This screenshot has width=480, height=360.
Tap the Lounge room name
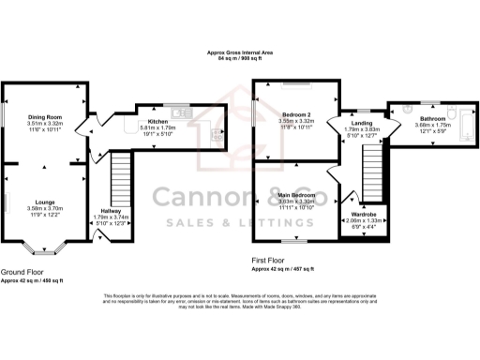[44, 202]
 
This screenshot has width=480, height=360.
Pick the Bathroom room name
[432, 119]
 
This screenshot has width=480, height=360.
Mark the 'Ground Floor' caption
[22, 273]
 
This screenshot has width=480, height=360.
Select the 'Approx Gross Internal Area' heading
[239, 53]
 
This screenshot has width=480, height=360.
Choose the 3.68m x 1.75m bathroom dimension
[432, 126]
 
